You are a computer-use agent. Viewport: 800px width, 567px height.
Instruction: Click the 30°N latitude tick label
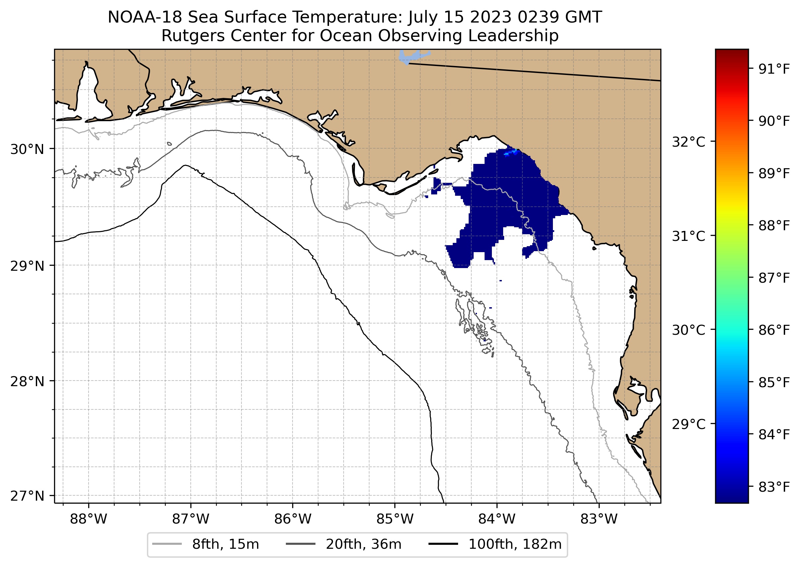[27, 149]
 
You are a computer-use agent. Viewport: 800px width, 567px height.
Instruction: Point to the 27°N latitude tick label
[27, 496]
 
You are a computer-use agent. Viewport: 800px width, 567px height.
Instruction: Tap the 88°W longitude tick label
[88, 519]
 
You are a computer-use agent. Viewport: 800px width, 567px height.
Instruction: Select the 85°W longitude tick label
[395, 519]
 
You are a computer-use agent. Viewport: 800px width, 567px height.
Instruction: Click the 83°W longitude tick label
[599, 519]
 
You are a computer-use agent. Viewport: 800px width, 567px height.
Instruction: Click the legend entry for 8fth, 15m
[225, 544]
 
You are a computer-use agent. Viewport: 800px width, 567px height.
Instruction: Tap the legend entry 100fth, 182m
[515, 544]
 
